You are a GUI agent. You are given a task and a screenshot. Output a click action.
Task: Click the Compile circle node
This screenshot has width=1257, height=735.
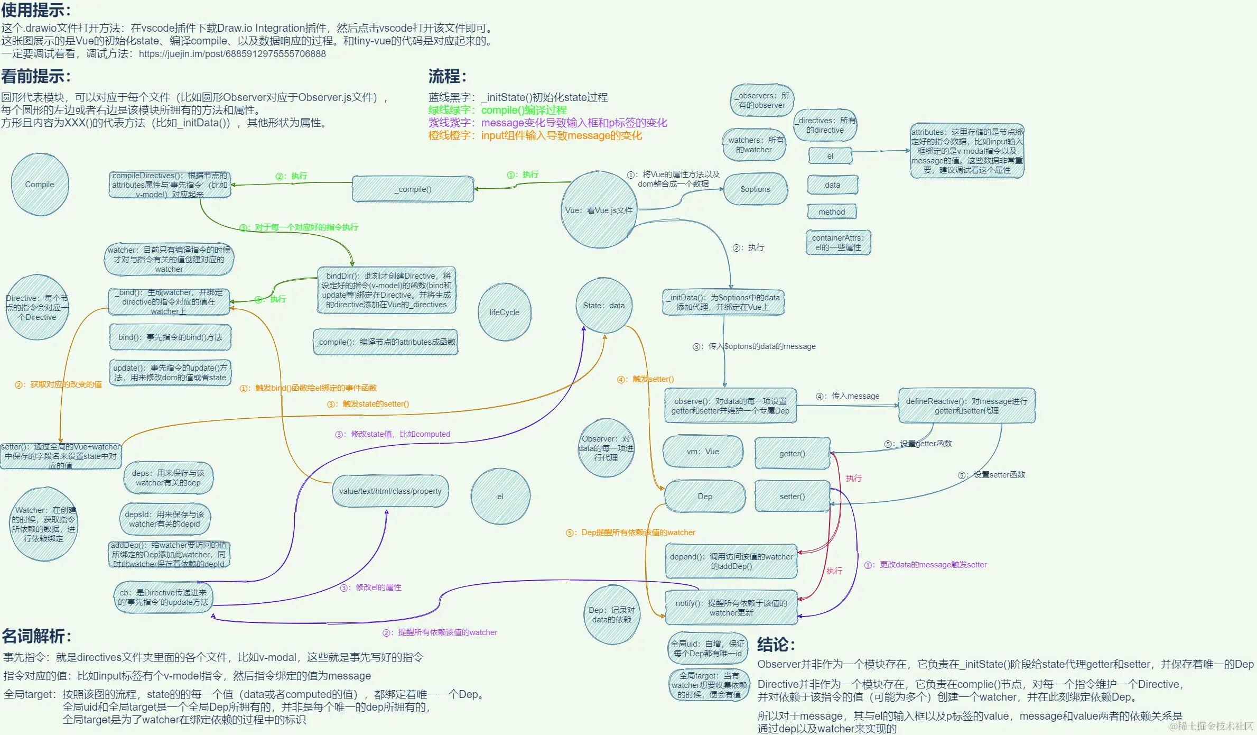(40, 185)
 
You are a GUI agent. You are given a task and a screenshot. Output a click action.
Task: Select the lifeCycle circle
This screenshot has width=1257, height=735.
(504, 312)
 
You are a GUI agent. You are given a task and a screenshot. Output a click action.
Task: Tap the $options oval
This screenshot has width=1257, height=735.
(755, 189)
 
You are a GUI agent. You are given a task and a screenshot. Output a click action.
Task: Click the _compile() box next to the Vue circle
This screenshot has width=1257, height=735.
(413, 189)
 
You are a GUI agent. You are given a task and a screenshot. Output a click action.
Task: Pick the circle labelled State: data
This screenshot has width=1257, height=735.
(603, 306)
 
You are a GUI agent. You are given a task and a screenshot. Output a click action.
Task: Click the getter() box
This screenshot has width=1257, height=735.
(792, 453)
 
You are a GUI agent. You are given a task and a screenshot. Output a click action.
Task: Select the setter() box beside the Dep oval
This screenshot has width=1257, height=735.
(792, 496)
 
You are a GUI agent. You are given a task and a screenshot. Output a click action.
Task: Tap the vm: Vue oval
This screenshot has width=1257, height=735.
(703, 452)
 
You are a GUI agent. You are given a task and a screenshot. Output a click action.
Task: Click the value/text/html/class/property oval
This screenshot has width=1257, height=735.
(390, 491)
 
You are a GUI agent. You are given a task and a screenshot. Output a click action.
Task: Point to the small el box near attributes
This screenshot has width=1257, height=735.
(830, 156)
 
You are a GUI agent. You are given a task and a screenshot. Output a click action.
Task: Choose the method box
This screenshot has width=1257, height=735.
(832, 212)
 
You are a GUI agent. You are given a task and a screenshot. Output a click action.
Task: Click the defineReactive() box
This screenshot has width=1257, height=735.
(966, 406)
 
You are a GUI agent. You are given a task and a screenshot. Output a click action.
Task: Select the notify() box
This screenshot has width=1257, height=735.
(731, 608)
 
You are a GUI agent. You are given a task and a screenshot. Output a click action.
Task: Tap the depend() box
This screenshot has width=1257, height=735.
(731, 562)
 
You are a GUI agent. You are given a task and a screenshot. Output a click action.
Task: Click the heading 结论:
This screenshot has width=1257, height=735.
(776, 645)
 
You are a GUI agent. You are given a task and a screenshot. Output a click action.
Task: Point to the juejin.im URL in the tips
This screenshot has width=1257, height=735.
(232, 54)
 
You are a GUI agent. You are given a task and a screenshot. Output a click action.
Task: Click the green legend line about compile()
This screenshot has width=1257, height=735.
(497, 110)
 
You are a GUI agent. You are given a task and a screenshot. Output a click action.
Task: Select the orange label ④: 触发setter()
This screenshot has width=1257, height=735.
(645, 379)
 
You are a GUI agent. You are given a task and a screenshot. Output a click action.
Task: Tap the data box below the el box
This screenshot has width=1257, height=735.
(832, 185)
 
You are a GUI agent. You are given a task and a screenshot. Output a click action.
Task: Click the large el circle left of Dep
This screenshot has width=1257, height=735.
(500, 497)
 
